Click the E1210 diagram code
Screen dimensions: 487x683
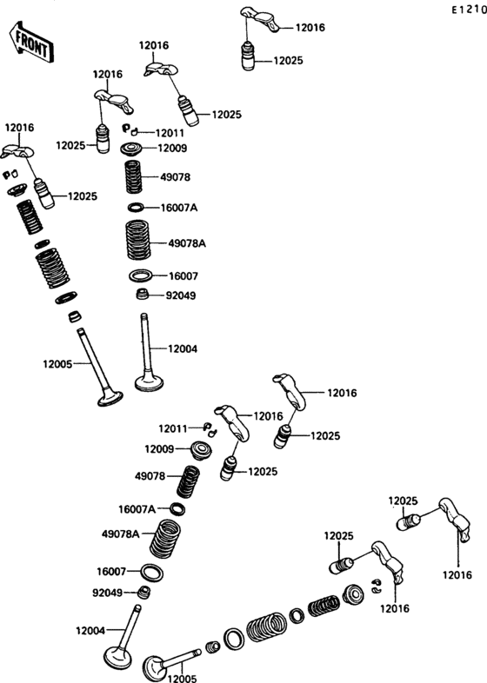click(469, 10)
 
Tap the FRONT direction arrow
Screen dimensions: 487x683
click(31, 43)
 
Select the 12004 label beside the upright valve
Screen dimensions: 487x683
click(183, 349)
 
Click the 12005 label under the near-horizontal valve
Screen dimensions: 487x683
click(183, 678)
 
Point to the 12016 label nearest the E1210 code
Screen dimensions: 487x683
click(310, 28)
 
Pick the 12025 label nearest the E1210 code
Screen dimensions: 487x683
click(288, 61)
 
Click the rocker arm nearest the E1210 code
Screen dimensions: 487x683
click(260, 19)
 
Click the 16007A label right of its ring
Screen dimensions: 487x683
click(179, 208)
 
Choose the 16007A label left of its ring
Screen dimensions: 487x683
click(137, 509)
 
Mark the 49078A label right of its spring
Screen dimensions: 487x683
click(187, 243)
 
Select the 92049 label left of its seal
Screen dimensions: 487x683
click(107, 593)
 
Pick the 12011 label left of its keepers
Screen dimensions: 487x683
click(173, 429)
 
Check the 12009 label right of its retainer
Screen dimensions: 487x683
click(172, 149)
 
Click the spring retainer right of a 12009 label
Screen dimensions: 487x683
click(202, 450)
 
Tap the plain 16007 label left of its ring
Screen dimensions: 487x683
click(111, 571)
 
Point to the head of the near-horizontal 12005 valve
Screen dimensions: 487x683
click(152, 667)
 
